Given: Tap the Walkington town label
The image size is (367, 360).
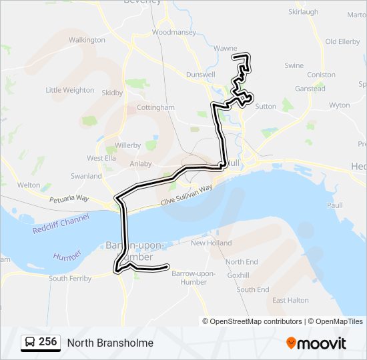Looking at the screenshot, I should [87, 40].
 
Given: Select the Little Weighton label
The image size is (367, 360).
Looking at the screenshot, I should [70, 90].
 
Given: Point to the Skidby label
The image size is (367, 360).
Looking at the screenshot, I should [113, 93].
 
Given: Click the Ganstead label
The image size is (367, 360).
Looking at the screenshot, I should [310, 89].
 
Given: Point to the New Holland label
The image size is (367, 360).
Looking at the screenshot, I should [212, 243].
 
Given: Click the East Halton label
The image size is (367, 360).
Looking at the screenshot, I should [290, 301].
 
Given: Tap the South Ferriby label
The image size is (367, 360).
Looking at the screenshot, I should [70, 279].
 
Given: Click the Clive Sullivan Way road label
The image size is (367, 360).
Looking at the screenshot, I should [186, 197].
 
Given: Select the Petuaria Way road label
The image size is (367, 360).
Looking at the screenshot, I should [69, 199].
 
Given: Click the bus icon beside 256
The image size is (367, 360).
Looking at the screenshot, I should [30, 343].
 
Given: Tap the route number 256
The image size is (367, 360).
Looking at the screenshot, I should [47, 342].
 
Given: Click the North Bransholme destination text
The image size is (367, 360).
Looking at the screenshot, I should [110, 343].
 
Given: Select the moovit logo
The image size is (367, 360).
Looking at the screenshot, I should [316, 343].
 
